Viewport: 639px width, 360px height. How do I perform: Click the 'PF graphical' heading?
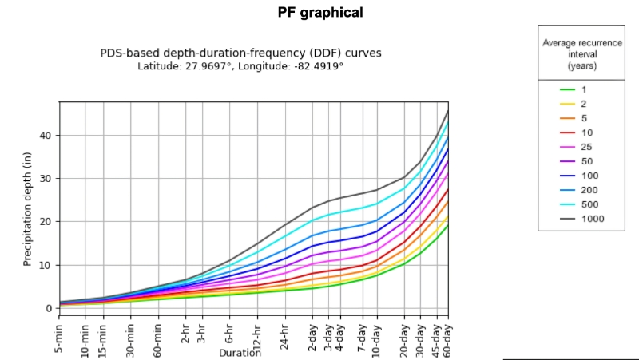point(319,12)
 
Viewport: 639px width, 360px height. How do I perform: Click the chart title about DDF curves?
point(240,53)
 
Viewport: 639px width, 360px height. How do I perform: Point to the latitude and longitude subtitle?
point(240,65)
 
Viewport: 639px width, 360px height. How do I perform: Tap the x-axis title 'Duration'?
point(240,352)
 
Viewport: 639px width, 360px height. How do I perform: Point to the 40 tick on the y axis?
point(46,135)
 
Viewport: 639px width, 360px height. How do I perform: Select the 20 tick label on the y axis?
point(46,221)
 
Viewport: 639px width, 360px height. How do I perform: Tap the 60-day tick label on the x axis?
point(448,336)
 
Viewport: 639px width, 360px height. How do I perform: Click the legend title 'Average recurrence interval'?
point(581,53)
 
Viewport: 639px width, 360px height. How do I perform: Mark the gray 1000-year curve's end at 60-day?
point(448,109)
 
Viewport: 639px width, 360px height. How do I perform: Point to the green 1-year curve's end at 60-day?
point(448,224)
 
